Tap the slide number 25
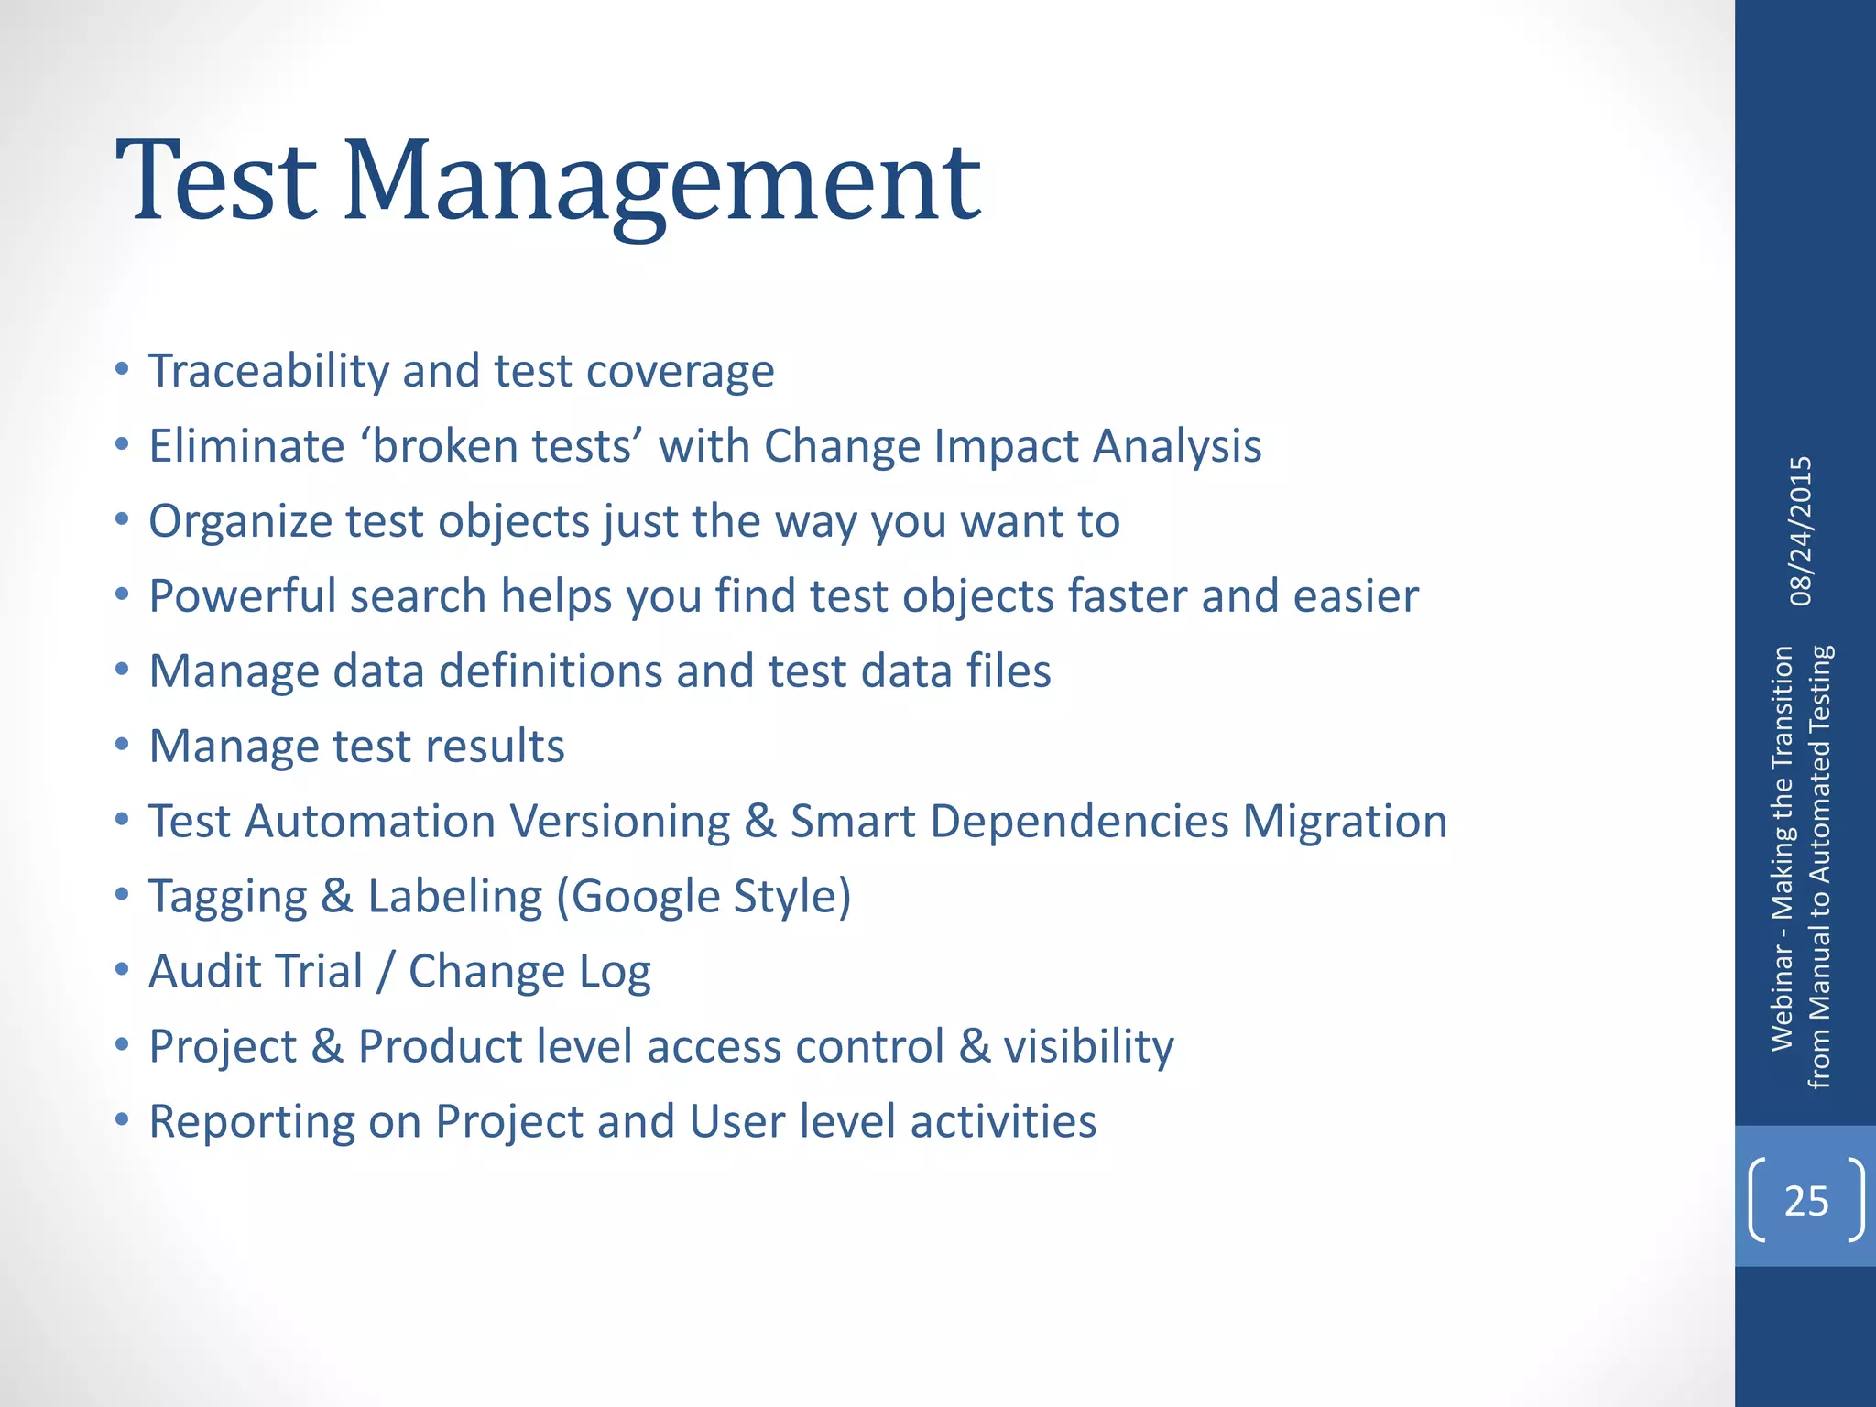1805,1201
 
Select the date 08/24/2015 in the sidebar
1801,531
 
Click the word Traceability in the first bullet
269,372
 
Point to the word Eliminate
246,447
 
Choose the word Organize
240,522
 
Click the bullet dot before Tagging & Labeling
122,895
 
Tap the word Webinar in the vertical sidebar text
1782,999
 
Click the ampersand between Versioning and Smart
760,822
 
